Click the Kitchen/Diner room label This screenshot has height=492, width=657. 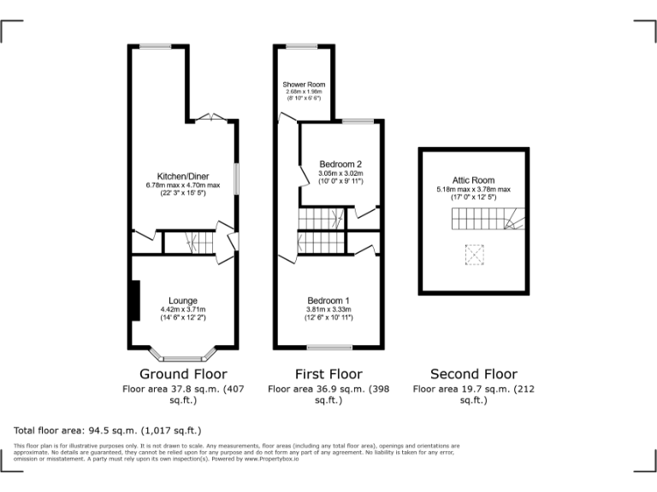click(183, 177)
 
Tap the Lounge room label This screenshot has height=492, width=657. click(183, 301)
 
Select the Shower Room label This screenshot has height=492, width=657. click(304, 85)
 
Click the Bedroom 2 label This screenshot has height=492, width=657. click(340, 164)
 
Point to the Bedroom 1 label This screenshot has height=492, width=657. click(329, 301)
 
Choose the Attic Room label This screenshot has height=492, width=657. click(473, 180)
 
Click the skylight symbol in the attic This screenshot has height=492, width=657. click(473, 254)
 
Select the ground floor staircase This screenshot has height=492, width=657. click(187, 243)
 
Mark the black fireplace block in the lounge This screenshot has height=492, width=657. click(134, 301)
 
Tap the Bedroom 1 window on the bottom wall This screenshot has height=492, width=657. click(329, 348)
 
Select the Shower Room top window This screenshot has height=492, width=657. click(301, 46)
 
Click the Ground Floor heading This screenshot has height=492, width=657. click(183, 374)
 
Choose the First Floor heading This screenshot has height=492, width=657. click(328, 374)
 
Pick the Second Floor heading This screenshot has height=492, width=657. click(473, 374)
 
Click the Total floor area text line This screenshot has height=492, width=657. click(108, 430)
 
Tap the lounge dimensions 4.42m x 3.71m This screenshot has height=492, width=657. click(183, 309)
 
